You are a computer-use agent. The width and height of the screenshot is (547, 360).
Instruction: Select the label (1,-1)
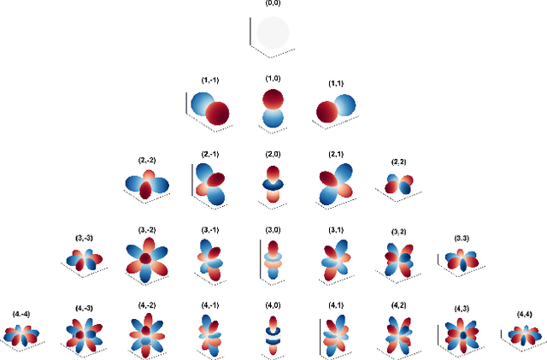pyautogui.click(x=210, y=80)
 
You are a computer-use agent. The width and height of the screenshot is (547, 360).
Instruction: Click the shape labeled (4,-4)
pyautogui.click(x=21, y=334)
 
